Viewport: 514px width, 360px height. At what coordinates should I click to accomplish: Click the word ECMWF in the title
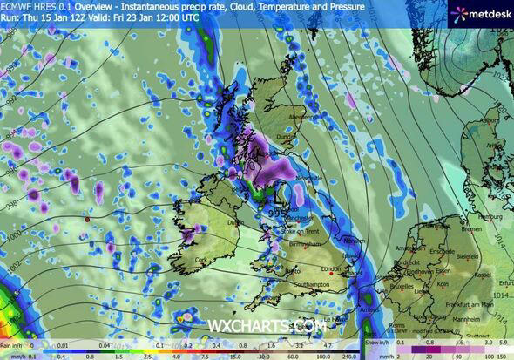pos(17,6)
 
